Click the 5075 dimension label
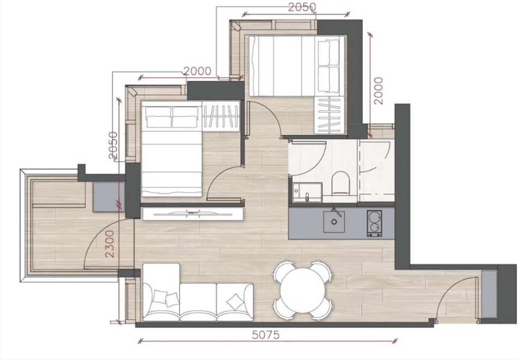click(x=266, y=335)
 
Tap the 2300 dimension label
click(x=110, y=244)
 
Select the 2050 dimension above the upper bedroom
click(x=302, y=7)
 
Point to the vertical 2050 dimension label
click(x=113, y=146)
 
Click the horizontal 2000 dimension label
click(x=197, y=71)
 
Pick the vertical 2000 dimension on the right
click(x=378, y=91)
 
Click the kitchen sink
click(x=334, y=221)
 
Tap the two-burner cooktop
click(x=374, y=224)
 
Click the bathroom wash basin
click(x=307, y=193)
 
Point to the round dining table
click(x=302, y=289)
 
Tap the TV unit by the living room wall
click(x=193, y=214)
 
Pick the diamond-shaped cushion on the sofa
click(x=235, y=302)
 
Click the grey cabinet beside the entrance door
click(x=489, y=294)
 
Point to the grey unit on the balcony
click(x=109, y=197)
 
